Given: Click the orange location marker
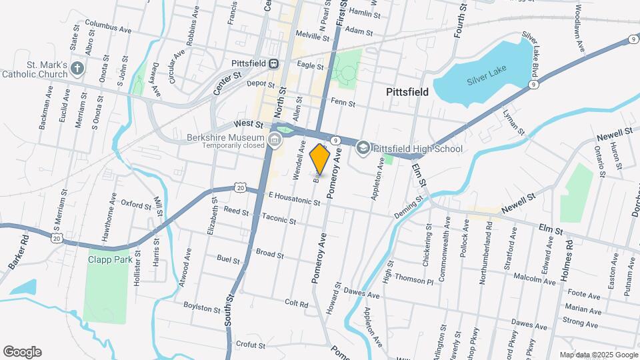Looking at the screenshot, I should pyautogui.click(x=320, y=160).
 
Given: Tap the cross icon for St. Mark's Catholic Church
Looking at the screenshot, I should pyautogui.click(x=77, y=68).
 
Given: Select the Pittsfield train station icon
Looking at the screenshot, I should pyautogui.click(x=273, y=63).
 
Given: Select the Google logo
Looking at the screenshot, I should pyautogui.click(x=22, y=351).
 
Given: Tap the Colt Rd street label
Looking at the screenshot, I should pyautogui.click(x=296, y=303).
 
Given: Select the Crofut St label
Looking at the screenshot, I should pyautogui.click(x=251, y=345).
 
